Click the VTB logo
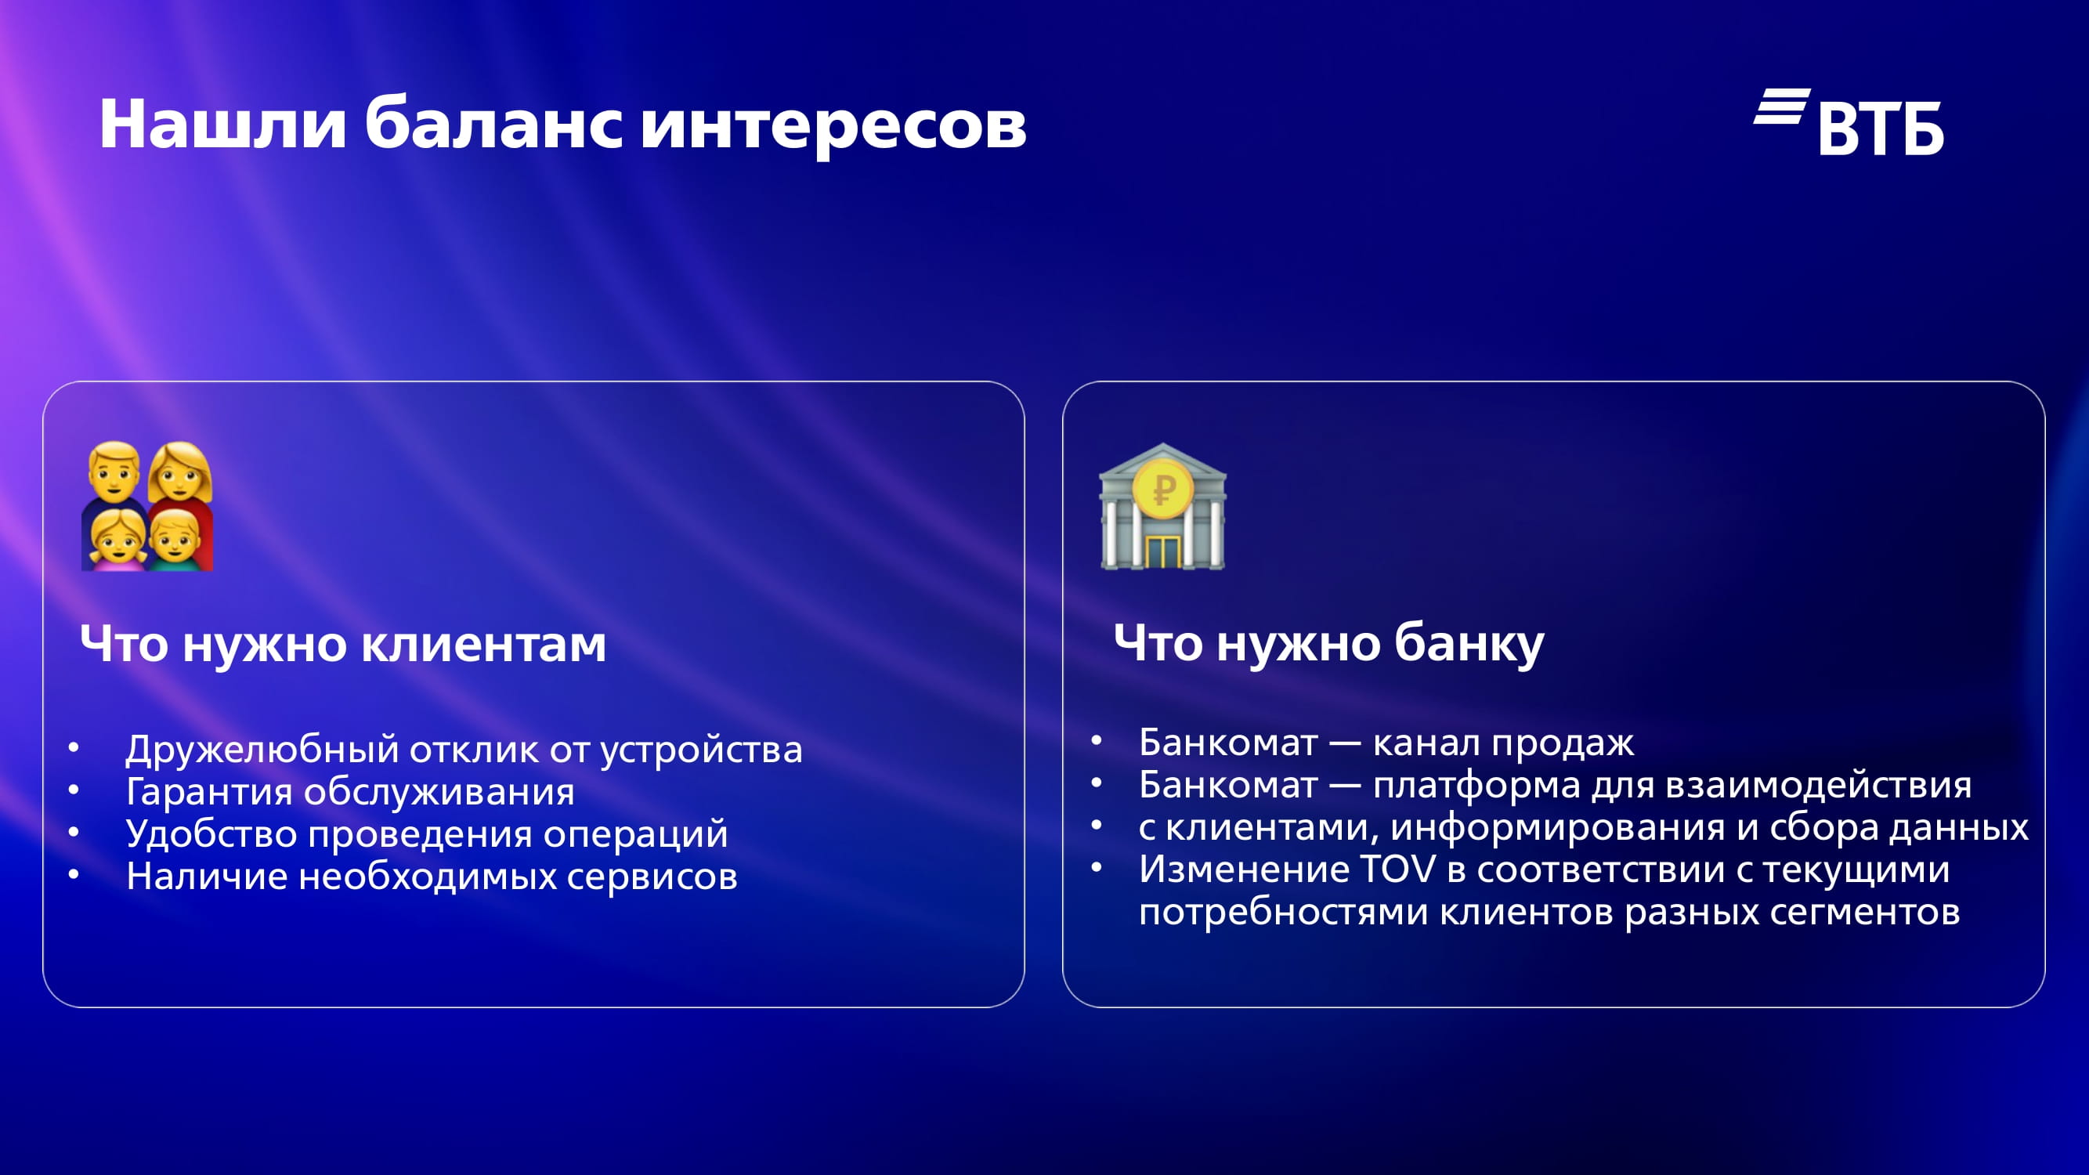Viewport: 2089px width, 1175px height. coord(1849,121)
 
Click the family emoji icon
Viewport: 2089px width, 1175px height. coord(147,506)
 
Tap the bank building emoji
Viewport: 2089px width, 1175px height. coord(1163,507)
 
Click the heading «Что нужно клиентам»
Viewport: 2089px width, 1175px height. coord(343,644)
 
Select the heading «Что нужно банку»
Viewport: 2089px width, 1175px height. coord(1328,644)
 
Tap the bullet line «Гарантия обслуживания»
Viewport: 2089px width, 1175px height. coord(350,790)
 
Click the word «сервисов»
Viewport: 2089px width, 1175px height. coord(652,876)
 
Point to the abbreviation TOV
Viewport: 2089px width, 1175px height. coord(1397,869)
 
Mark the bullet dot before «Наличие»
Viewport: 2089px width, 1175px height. coord(74,875)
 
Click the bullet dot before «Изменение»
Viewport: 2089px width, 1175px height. coord(1097,868)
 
